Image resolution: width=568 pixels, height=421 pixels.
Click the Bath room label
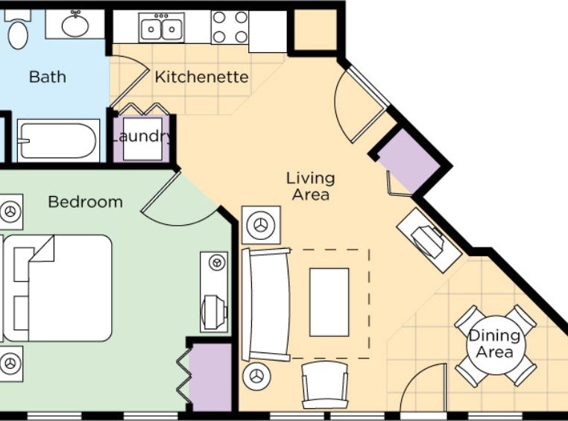48,77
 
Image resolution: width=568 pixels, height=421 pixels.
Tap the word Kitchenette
202,77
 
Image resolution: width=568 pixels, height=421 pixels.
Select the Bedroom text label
86,202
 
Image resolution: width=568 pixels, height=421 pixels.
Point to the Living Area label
310,186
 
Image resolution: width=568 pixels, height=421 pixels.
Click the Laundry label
142,137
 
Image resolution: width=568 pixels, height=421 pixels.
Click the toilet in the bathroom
18,29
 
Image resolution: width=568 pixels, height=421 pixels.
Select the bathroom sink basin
75,25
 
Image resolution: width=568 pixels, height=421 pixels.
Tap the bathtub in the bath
58,140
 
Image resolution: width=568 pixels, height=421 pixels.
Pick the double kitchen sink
162,28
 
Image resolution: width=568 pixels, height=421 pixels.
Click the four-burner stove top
230,27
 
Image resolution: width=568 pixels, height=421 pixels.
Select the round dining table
495,345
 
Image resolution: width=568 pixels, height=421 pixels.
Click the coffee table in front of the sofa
329,303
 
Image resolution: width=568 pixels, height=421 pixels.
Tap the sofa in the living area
266,304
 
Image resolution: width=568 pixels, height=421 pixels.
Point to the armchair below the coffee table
325,384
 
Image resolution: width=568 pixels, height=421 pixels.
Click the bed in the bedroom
57,288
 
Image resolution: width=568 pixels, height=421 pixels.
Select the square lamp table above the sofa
261,225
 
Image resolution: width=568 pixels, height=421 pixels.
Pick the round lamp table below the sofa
257,376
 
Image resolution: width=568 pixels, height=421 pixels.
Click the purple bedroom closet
210,377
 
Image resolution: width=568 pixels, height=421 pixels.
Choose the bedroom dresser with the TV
214,292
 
